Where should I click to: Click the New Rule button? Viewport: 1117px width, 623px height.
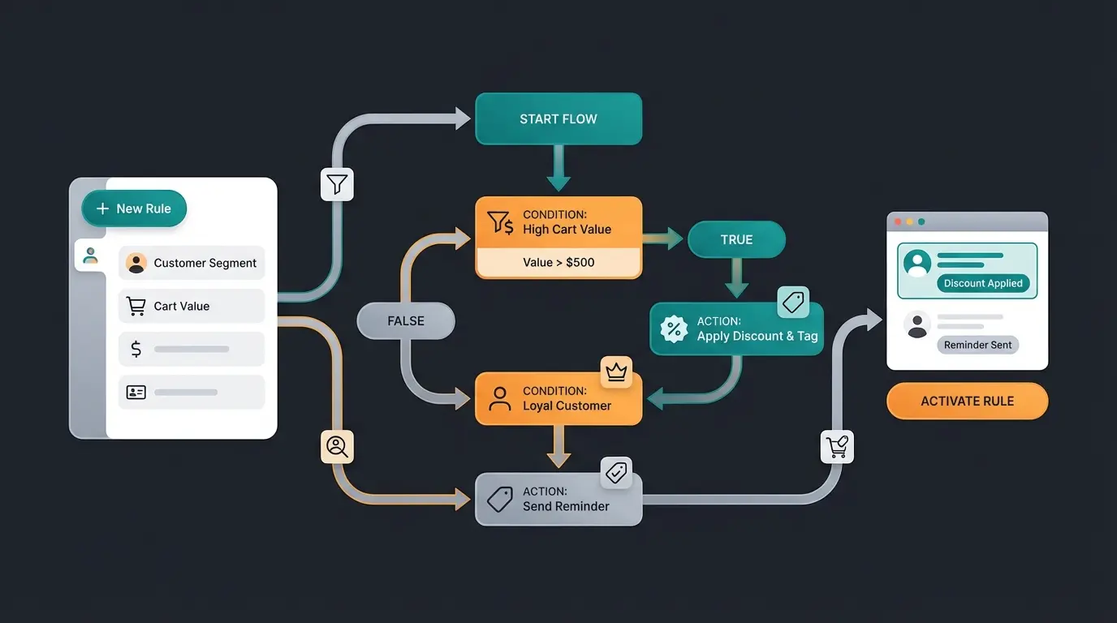pyautogui.click(x=134, y=208)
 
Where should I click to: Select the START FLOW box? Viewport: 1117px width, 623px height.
pyautogui.click(x=558, y=119)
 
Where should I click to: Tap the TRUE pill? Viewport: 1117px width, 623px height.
pyautogui.click(x=736, y=240)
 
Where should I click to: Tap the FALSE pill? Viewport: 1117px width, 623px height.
pyautogui.click(x=406, y=321)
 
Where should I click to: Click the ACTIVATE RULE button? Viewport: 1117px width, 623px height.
pyautogui.click(x=967, y=402)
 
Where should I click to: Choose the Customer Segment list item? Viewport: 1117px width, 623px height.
pyautogui.click(x=192, y=263)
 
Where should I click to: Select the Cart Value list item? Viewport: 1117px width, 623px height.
pyautogui.click(x=192, y=306)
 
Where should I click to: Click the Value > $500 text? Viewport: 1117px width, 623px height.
pyautogui.click(x=558, y=263)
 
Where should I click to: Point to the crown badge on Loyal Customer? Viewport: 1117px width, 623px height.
pyautogui.click(x=616, y=372)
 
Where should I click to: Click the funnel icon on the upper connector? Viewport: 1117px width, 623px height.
pyautogui.click(x=337, y=185)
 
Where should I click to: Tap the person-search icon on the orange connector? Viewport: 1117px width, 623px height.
pyautogui.click(x=337, y=446)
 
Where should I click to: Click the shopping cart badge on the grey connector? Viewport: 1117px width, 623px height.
pyautogui.click(x=837, y=446)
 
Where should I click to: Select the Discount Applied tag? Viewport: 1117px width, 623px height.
pyautogui.click(x=983, y=283)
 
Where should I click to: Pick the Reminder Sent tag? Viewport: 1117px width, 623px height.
pyautogui.click(x=977, y=345)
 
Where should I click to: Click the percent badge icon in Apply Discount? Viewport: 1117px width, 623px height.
pyautogui.click(x=674, y=329)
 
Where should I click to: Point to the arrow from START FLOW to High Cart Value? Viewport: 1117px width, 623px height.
pyautogui.click(x=558, y=169)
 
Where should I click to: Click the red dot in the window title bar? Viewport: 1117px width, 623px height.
pyautogui.click(x=898, y=221)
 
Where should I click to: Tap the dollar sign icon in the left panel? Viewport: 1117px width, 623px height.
pyautogui.click(x=136, y=350)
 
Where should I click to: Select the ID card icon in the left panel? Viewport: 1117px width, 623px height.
pyautogui.click(x=136, y=393)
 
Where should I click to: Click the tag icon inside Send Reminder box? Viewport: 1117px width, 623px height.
pyautogui.click(x=499, y=499)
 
